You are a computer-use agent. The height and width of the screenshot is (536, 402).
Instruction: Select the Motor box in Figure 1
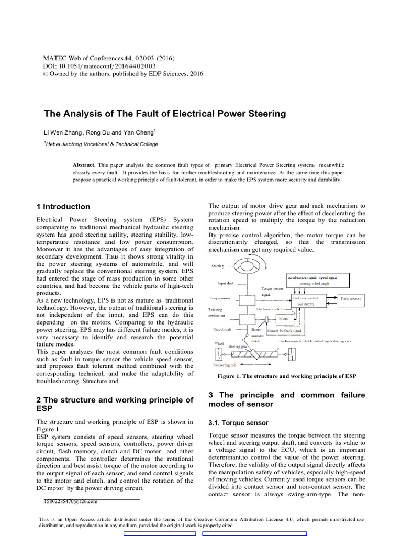point(283,318)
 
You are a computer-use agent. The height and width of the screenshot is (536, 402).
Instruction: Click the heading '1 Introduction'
point(63,207)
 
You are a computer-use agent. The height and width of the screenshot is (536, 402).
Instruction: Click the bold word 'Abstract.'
point(85,164)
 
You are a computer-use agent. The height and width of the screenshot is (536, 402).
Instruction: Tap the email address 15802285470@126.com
point(71,502)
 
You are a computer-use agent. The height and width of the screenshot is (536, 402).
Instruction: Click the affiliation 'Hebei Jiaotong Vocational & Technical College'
point(102,144)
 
